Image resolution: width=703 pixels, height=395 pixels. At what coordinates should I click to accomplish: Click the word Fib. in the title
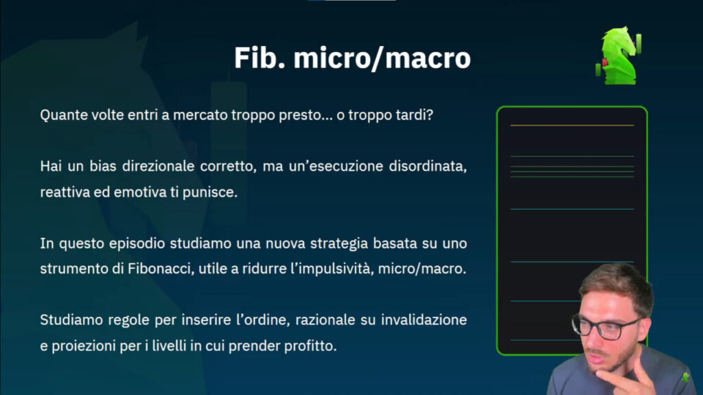260,58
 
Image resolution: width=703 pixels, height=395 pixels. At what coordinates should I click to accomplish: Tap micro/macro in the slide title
382,58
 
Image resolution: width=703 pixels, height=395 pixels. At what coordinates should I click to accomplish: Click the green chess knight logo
619,56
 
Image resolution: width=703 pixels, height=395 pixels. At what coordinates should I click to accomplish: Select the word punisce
210,192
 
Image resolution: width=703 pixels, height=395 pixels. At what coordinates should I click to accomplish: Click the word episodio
137,243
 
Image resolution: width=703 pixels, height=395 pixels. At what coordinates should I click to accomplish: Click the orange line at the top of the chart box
572,125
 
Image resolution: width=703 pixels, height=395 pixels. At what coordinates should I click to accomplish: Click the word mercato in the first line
200,115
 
